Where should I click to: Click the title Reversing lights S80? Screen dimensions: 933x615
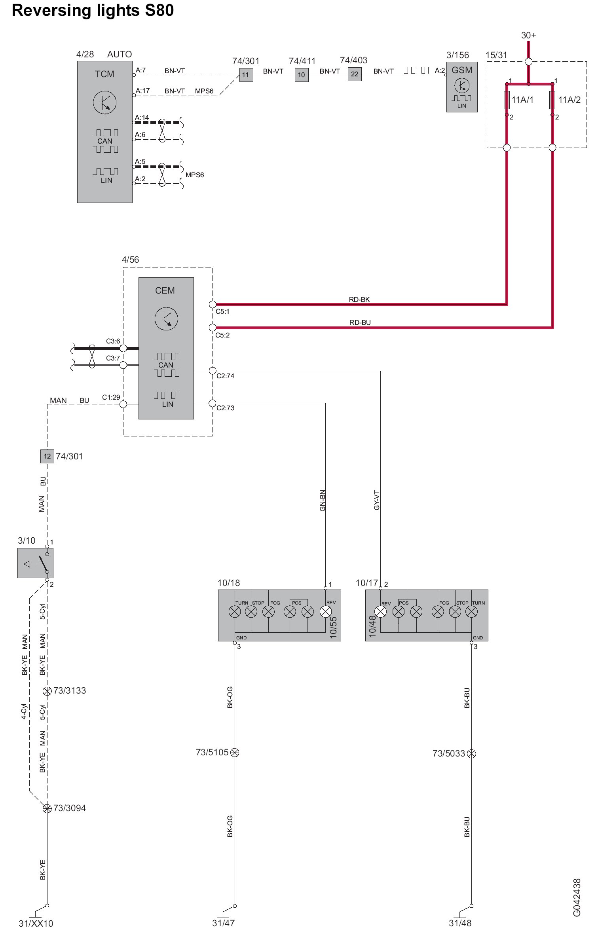(x=93, y=10)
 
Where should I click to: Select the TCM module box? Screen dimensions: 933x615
(x=104, y=132)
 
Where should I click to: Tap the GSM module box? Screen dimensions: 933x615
(x=461, y=87)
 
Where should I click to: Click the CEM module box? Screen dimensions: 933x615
(x=166, y=348)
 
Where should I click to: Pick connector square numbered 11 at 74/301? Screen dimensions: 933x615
(x=246, y=74)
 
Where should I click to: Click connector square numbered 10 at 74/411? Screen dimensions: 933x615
(x=302, y=74)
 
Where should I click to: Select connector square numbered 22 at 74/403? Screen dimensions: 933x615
(x=355, y=74)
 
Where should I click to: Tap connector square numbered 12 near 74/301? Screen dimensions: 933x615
(x=47, y=456)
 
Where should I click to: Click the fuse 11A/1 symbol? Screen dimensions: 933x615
(x=507, y=100)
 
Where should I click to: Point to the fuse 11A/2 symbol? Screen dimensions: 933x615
(x=552, y=100)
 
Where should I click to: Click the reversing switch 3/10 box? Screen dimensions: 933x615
(x=35, y=563)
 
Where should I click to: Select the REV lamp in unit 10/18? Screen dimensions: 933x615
(x=325, y=612)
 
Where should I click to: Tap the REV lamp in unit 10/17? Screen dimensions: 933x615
(x=380, y=612)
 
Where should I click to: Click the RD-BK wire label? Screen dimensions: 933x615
(x=359, y=300)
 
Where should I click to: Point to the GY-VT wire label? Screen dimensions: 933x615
(x=376, y=500)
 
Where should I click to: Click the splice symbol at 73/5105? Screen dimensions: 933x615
(x=235, y=752)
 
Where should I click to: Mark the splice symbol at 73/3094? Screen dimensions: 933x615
(x=47, y=808)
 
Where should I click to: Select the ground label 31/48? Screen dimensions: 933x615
(x=460, y=923)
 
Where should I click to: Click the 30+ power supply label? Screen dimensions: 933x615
(x=528, y=36)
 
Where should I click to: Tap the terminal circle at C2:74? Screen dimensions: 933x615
(x=213, y=371)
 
